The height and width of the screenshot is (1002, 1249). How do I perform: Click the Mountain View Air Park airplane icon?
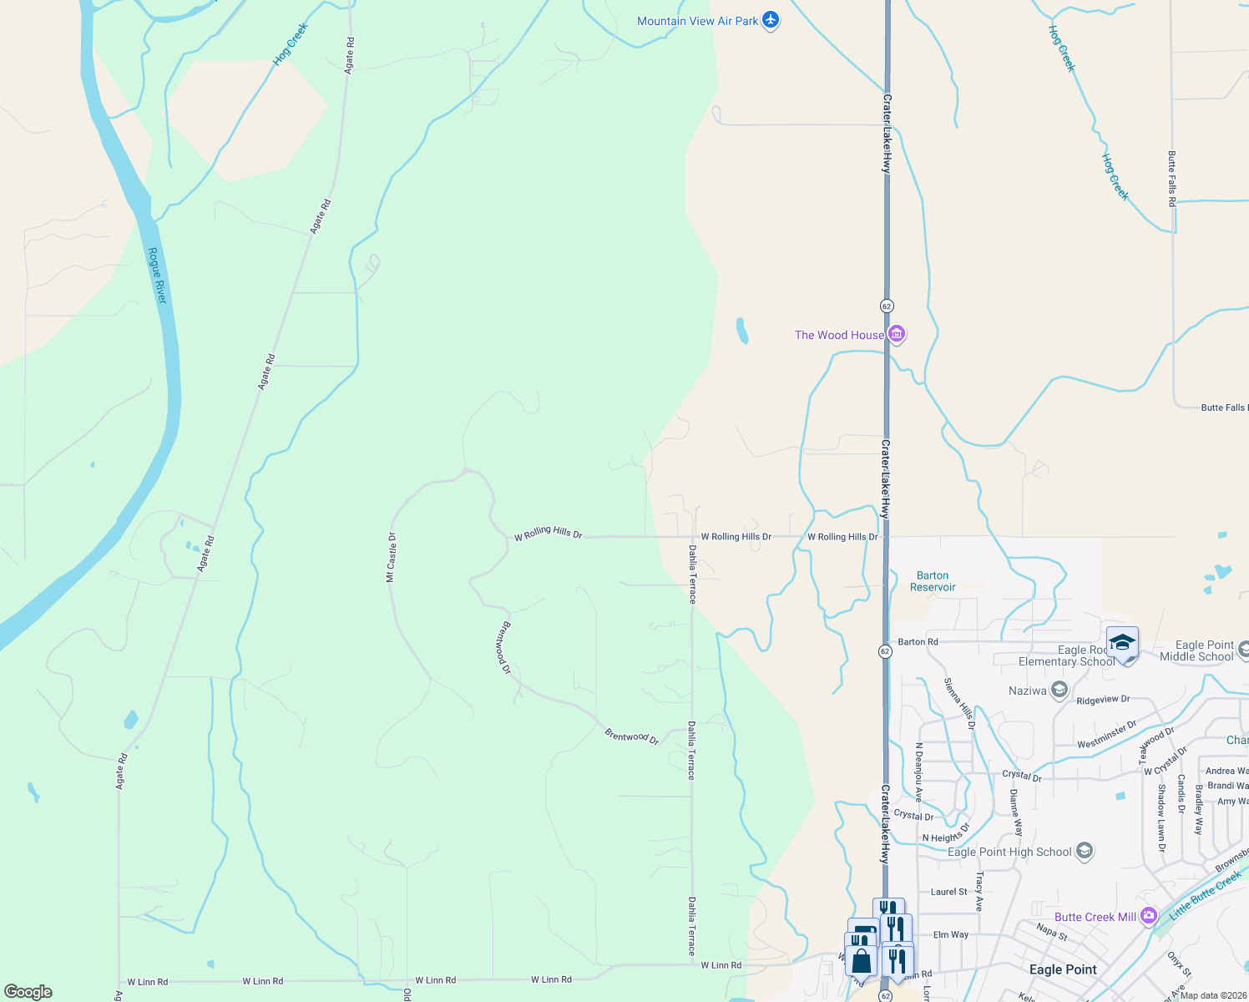click(x=771, y=20)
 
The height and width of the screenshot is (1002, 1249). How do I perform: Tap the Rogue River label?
click(x=157, y=276)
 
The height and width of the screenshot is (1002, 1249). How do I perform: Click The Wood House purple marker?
click(x=897, y=335)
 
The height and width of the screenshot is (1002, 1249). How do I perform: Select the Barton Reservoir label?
click(x=933, y=581)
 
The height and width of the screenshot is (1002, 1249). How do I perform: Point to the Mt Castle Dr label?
click(x=391, y=557)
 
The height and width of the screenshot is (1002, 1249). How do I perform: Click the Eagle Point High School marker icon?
click(x=1085, y=852)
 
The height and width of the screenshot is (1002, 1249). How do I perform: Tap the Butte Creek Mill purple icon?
click(x=1149, y=916)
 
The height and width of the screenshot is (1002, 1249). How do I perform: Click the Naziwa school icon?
click(x=1059, y=690)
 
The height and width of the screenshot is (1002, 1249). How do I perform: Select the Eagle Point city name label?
click(x=1063, y=969)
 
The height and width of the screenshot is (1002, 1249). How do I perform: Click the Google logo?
click(x=28, y=991)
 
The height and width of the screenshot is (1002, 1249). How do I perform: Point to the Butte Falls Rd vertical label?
click(x=1171, y=179)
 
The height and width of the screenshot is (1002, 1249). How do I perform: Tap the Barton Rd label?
click(x=918, y=642)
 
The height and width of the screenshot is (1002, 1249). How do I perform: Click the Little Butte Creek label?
click(x=1205, y=896)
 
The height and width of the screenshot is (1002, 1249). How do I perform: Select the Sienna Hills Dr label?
click(x=959, y=704)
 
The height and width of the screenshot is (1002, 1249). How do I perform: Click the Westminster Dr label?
click(x=1107, y=734)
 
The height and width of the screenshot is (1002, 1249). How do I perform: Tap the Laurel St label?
click(x=949, y=892)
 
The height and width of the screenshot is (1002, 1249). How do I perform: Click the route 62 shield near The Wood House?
click(x=887, y=306)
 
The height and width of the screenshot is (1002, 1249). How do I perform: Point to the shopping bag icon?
click(x=861, y=960)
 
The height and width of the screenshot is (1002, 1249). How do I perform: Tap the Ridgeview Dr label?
click(x=1103, y=700)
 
